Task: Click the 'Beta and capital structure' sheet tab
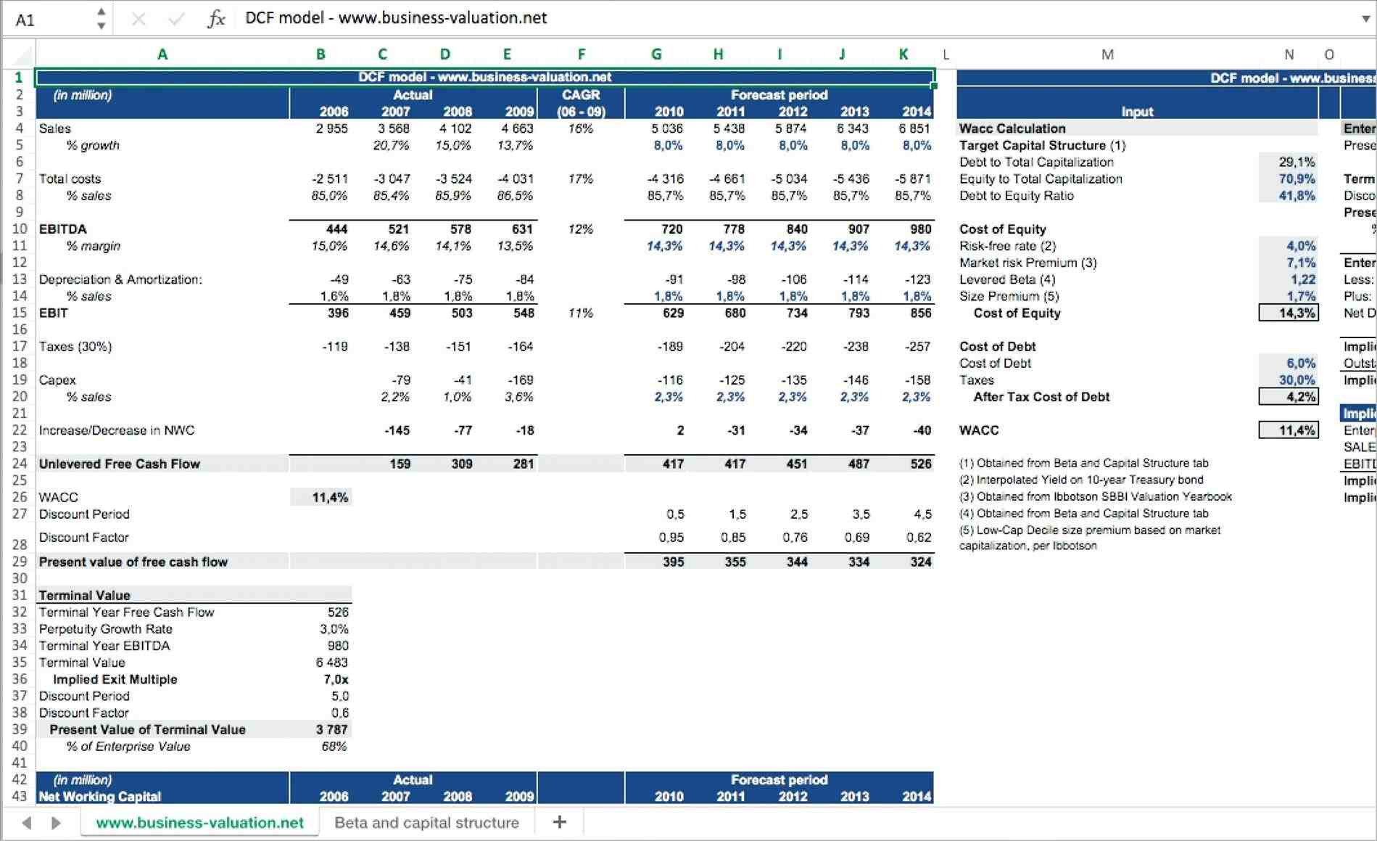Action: tap(426, 823)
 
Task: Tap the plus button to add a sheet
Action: tap(559, 822)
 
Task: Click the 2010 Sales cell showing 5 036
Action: tap(668, 128)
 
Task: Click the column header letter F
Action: tap(581, 54)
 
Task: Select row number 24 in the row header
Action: tap(20, 464)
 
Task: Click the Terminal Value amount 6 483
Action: tap(331, 662)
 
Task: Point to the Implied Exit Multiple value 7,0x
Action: tap(336, 680)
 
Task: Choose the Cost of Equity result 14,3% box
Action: tap(1288, 313)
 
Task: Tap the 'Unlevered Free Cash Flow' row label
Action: tap(120, 464)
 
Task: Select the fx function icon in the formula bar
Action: tap(216, 19)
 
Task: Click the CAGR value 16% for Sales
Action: tap(581, 128)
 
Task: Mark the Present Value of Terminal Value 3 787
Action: tap(331, 730)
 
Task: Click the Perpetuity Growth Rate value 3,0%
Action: tap(334, 629)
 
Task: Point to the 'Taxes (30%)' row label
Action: tap(75, 347)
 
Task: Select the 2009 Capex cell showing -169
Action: tap(520, 380)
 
